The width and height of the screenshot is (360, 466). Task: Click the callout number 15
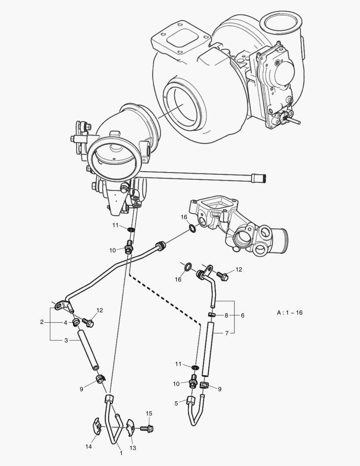click(x=149, y=413)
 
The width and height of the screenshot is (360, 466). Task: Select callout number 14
click(x=88, y=447)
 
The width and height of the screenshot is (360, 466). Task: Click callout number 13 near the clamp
click(x=133, y=448)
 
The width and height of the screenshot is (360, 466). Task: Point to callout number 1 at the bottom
click(x=121, y=453)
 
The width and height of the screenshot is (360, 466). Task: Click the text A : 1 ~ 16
click(x=289, y=312)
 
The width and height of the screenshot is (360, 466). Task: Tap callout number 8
click(x=226, y=315)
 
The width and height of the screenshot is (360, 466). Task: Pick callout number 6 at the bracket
click(x=242, y=315)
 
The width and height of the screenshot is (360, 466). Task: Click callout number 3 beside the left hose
click(x=66, y=340)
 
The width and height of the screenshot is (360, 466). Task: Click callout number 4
click(x=66, y=322)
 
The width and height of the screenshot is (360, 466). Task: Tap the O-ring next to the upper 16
click(x=192, y=228)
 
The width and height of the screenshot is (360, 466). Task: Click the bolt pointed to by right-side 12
click(x=222, y=275)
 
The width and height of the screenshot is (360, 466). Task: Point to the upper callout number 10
click(x=112, y=250)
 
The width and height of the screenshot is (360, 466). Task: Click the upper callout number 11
click(x=116, y=225)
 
